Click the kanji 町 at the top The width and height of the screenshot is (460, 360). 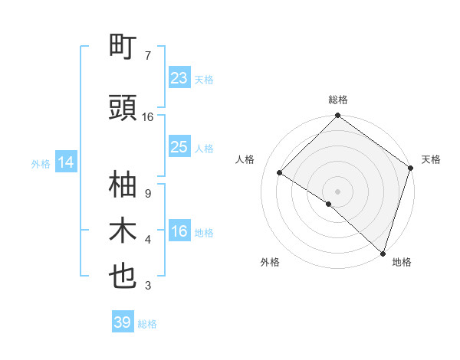click(x=123, y=47)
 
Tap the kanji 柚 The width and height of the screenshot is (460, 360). click(x=123, y=185)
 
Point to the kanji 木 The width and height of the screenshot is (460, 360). click(x=123, y=231)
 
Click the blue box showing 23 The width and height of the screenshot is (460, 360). click(x=179, y=78)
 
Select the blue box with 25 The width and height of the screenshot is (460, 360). click(x=179, y=147)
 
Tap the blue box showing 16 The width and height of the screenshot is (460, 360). click(x=179, y=231)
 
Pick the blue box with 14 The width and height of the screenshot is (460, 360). click(x=66, y=162)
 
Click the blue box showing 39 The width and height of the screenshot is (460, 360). click(x=123, y=322)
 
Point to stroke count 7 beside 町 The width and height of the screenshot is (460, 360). click(x=148, y=56)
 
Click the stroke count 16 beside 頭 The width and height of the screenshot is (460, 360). click(x=148, y=117)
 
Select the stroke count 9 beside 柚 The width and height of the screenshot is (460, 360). click(x=147, y=194)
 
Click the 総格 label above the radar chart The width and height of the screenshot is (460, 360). click(x=337, y=100)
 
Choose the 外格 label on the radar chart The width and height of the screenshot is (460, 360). click(x=270, y=262)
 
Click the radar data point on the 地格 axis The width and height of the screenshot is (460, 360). click(x=383, y=252)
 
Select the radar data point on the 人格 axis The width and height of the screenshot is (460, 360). click(x=280, y=173)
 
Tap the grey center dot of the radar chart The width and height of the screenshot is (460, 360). click(x=337, y=191)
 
